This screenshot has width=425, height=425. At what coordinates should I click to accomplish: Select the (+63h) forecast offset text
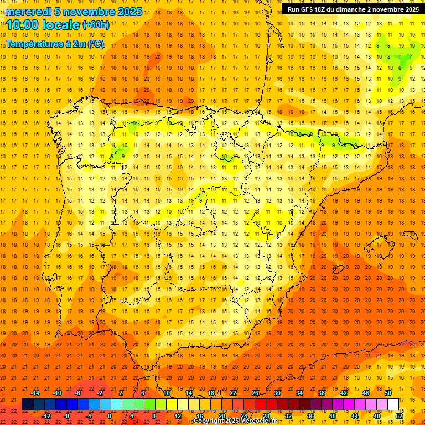pyautogui.click(x=96, y=24)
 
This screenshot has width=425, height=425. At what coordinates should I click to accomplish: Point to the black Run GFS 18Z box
pyautogui.click(x=353, y=9)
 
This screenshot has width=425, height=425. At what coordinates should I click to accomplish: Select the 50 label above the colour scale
pyautogui.click(x=388, y=393)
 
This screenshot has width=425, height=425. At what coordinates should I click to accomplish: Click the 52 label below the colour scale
pyautogui.click(x=399, y=416)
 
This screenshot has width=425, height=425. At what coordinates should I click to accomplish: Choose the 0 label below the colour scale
pyautogui.click(x=110, y=416)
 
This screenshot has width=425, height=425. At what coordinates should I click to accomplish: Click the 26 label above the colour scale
pyautogui.click(x=255, y=393)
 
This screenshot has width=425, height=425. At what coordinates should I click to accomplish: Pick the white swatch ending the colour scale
pyautogui.click(x=393, y=404)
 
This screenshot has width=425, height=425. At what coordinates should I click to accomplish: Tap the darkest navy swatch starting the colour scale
pyautogui.click(x=28, y=404)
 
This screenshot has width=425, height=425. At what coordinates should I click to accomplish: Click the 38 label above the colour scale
pyautogui.click(x=322, y=393)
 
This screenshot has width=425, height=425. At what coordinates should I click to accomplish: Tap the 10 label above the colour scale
pyautogui.click(x=167, y=393)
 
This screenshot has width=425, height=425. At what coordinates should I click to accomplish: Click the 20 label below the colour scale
pyautogui.click(x=222, y=416)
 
